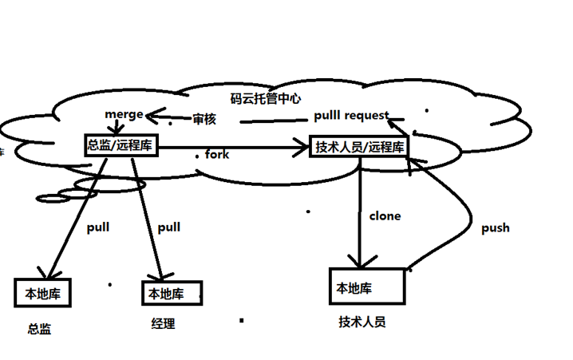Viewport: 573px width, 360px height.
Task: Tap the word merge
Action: (124, 114)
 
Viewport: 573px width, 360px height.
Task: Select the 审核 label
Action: (204, 119)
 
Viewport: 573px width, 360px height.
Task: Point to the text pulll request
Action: (350, 115)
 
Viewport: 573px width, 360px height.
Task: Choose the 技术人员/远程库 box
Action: (358, 146)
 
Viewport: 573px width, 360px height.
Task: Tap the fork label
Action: (217, 154)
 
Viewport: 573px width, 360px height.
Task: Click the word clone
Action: (385, 216)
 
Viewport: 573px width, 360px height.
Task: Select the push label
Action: (495, 227)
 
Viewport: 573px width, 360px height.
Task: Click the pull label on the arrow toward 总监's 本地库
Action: (97, 227)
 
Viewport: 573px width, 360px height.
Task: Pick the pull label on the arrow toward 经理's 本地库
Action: (168, 227)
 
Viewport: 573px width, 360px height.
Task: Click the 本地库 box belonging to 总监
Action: (43, 293)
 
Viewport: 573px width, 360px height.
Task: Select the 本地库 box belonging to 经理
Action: (172, 293)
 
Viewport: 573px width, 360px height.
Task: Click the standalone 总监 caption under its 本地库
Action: (39, 328)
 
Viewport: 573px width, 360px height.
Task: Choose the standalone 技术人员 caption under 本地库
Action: (362, 322)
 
